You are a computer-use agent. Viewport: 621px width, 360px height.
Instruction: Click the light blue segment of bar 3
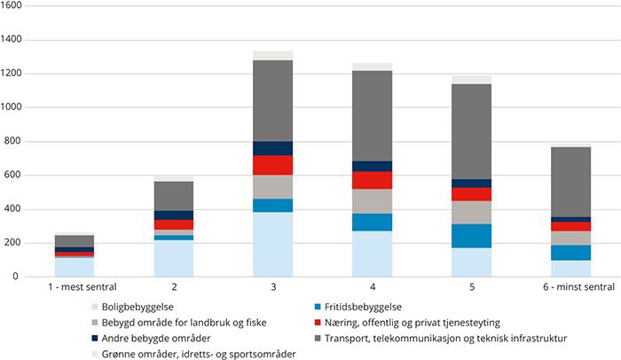coord(272,244)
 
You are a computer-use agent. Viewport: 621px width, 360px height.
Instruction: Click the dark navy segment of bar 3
coord(272,148)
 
